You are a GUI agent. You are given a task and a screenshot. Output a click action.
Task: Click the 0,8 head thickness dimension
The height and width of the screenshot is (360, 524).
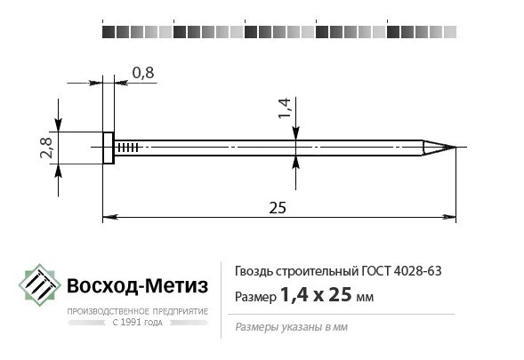click(x=141, y=72)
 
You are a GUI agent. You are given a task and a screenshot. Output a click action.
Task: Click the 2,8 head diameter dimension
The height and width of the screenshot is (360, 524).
click(x=46, y=148)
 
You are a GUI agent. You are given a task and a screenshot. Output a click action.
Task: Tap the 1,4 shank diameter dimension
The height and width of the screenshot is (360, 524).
click(x=285, y=108)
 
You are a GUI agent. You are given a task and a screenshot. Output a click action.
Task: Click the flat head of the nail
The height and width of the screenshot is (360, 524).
click(x=109, y=148)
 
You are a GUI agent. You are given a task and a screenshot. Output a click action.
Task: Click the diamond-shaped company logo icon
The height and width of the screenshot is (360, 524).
click(x=38, y=287)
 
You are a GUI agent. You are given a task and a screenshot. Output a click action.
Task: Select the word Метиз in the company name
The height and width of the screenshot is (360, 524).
click(x=176, y=286)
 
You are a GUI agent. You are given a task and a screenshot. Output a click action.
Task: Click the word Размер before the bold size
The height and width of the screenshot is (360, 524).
click(x=254, y=297)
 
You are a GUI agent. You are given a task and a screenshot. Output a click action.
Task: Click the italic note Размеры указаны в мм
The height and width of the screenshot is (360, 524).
click(x=291, y=327)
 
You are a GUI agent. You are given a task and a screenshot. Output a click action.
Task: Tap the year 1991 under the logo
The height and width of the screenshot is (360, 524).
click(x=134, y=324)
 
